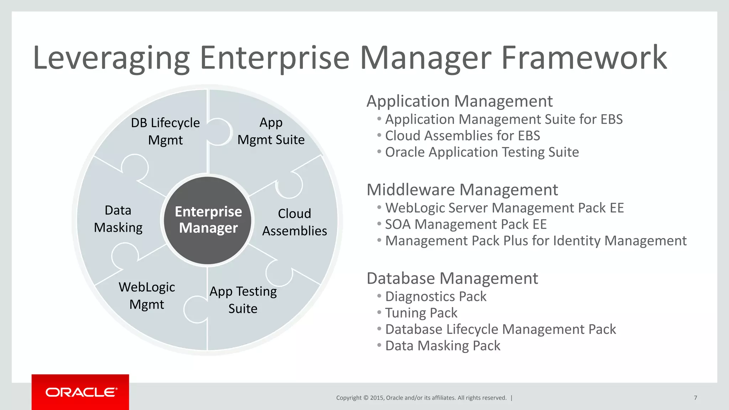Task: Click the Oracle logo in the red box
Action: point(81,392)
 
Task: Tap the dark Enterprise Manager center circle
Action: point(208,220)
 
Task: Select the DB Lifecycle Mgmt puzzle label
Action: point(165,131)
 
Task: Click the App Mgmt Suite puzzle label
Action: point(271,131)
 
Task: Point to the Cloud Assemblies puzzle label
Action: point(294,222)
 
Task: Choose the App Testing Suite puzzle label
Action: point(243,300)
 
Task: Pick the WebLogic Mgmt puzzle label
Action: point(147,295)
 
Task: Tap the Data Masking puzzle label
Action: point(118,219)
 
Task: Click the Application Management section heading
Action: point(459,101)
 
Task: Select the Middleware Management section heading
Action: point(462,190)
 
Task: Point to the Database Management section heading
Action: point(452,278)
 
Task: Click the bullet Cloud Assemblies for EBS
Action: point(462,136)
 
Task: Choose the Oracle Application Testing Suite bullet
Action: point(482,152)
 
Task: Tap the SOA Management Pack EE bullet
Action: point(466,224)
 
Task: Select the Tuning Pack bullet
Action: point(421,313)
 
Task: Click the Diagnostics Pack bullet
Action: point(436,296)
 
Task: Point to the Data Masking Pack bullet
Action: point(443,346)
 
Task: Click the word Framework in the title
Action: point(584,58)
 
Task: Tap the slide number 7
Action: point(695,398)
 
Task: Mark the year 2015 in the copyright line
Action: point(377,398)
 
